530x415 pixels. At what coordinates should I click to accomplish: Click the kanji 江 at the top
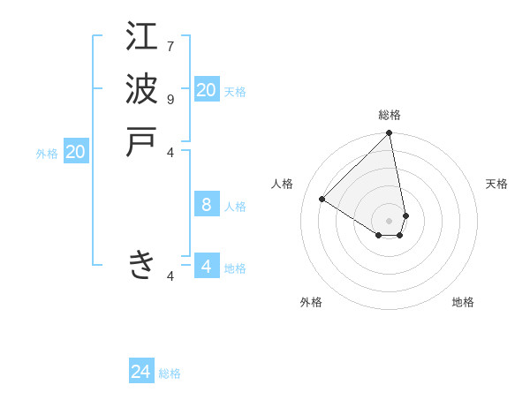pyautogui.click(x=141, y=36)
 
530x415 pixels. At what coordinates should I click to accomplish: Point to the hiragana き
pyautogui.click(x=141, y=264)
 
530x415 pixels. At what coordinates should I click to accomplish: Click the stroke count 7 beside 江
pyautogui.click(x=170, y=46)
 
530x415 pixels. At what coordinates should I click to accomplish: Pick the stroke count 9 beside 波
pyautogui.click(x=170, y=99)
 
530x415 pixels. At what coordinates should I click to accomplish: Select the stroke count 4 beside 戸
pyautogui.click(x=171, y=152)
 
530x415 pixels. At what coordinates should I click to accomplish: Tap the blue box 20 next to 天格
pyautogui.click(x=207, y=90)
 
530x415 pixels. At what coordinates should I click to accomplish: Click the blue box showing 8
pyautogui.click(x=207, y=205)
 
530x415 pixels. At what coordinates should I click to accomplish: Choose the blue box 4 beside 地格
pyautogui.click(x=207, y=267)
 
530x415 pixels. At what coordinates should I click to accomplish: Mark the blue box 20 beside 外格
pyautogui.click(x=76, y=152)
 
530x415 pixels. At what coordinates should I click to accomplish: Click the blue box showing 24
pyautogui.click(x=141, y=372)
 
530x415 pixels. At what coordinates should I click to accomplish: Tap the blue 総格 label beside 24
pyautogui.click(x=170, y=373)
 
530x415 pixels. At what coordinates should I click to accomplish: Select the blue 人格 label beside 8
pyautogui.click(x=235, y=207)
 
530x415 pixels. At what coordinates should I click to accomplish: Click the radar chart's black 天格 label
pyautogui.click(x=497, y=184)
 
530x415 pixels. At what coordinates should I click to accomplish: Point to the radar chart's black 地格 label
pyautogui.click(x=463, y=302)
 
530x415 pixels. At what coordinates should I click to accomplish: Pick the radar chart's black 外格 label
pyautogui.click(x=311, y=302)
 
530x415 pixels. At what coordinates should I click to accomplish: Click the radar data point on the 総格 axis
pyautogui.click(x=389, y=134)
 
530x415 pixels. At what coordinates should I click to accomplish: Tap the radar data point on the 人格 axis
pyautogui.click(x=322, y=200)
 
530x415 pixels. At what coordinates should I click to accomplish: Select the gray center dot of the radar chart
pyautogui.click(x=389, y=221)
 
